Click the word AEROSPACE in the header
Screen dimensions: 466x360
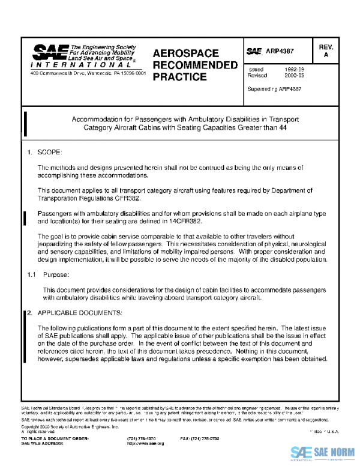(x=185, y=53)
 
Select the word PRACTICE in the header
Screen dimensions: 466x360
(x=180, y=77)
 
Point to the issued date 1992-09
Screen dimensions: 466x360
(x=295, y=69)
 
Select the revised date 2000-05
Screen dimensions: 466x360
(x=295, y=76)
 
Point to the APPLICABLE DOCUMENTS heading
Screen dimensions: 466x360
(x=79, y=313)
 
